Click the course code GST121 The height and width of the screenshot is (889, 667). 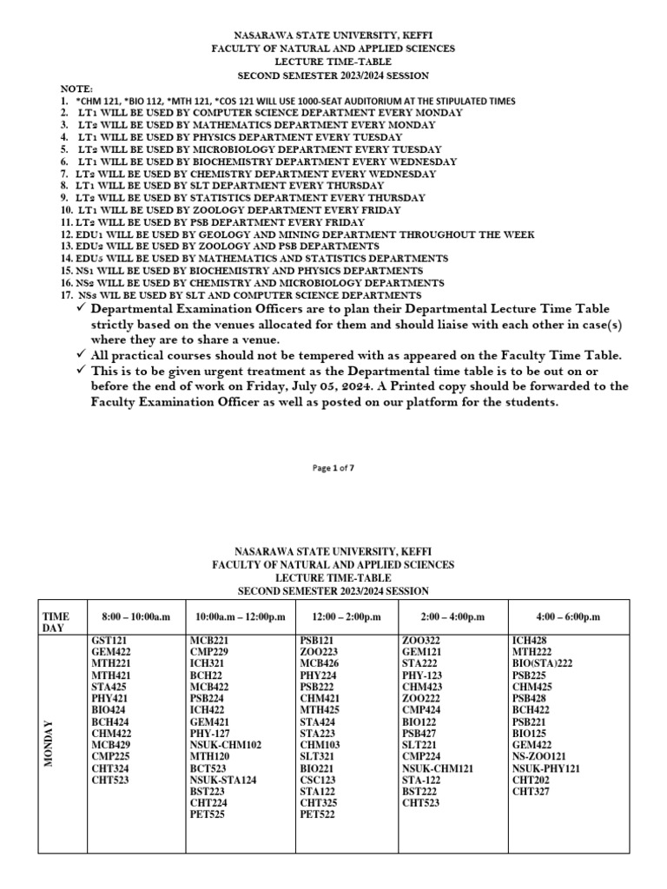(x=109, y=641)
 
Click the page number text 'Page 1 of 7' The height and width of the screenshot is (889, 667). (x=333, y=468)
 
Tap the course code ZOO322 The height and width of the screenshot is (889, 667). (x=420, y=641)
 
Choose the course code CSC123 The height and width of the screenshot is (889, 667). (x=318, y=780)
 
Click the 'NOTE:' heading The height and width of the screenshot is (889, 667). (x=75, y=89)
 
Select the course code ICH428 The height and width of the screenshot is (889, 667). (x=529, y=641)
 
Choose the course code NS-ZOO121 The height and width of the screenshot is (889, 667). (x=539, y=756)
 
